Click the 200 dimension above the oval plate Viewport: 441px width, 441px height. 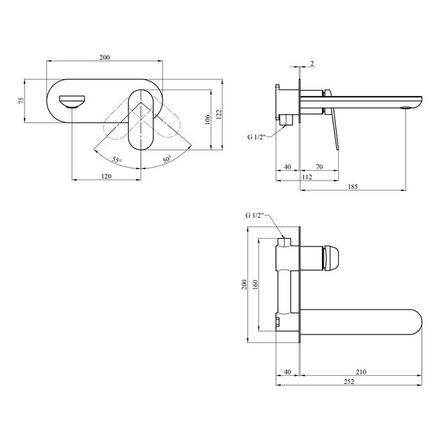(x=104, y=57)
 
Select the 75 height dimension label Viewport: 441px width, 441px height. (x=22, y=101)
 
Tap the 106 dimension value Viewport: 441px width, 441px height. (x=207, y=120)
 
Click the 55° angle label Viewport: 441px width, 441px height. (x=117, y=160)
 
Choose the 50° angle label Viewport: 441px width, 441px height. (x=167, y=160)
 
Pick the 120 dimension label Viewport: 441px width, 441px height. (x=106, y=176)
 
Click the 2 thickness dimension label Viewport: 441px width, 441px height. (x=312, y=64)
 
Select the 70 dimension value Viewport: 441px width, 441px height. (x=319, y=167)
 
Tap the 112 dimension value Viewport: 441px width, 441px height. (x=307, y=177)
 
